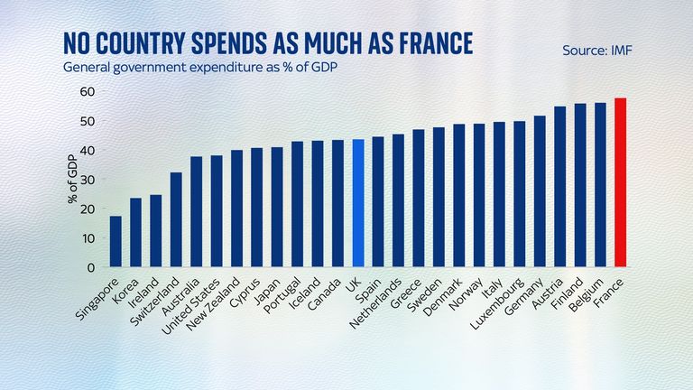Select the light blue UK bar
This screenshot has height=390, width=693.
(x=357, y=204)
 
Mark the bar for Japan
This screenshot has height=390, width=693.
(x=277, y=208)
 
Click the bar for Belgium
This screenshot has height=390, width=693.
(x=600, y=185)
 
